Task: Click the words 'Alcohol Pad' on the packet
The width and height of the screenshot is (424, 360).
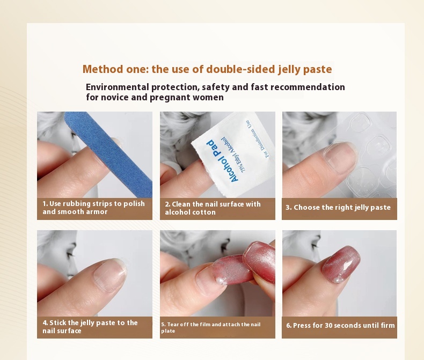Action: [x=222, y=161]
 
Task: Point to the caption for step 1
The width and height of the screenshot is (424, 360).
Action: [x=93, y=208]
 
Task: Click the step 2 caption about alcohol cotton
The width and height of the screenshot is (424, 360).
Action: [x=213, y=208]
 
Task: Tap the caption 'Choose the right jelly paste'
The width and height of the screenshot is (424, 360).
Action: [x=338, y=207]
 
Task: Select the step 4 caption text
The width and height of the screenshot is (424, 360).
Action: [x=90, y=327]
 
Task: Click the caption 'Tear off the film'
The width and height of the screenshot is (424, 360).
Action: [x=210, y=327]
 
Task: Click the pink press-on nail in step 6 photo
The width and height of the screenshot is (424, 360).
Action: [x=341, y=264]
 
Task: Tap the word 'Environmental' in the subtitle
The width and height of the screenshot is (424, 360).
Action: [x=118, y=87]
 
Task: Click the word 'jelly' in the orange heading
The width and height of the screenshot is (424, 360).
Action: [x=289, y=69]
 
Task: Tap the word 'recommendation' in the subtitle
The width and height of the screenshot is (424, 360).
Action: [x=308, y=87]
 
